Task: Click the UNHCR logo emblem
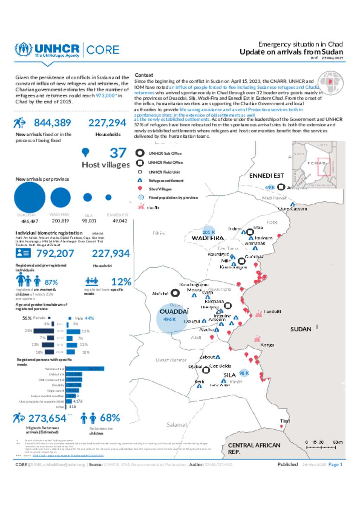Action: tap(23, 50)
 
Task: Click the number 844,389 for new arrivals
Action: tap(52, 123)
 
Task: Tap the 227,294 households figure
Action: tap(107, 123)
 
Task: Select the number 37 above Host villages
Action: tap(118, 153)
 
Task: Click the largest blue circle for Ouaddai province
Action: tap(30, 197)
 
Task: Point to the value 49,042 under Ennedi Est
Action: tap(120, 221)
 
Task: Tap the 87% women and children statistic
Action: tap(51, 282)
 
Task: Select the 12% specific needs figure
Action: tap(121, 282)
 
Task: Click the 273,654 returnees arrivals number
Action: tap(47, 418)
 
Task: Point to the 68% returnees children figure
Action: tap(110, 418)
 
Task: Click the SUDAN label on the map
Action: tap(301, 329)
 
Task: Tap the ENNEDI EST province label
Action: tap(266, 176)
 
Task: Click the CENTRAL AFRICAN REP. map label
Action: tap(254, 448)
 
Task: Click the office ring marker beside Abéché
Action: tap(175, 293)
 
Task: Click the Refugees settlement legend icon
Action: tap(140, 180)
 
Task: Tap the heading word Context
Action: tap(144, 75)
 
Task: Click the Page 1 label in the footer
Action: tap(335, 464)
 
